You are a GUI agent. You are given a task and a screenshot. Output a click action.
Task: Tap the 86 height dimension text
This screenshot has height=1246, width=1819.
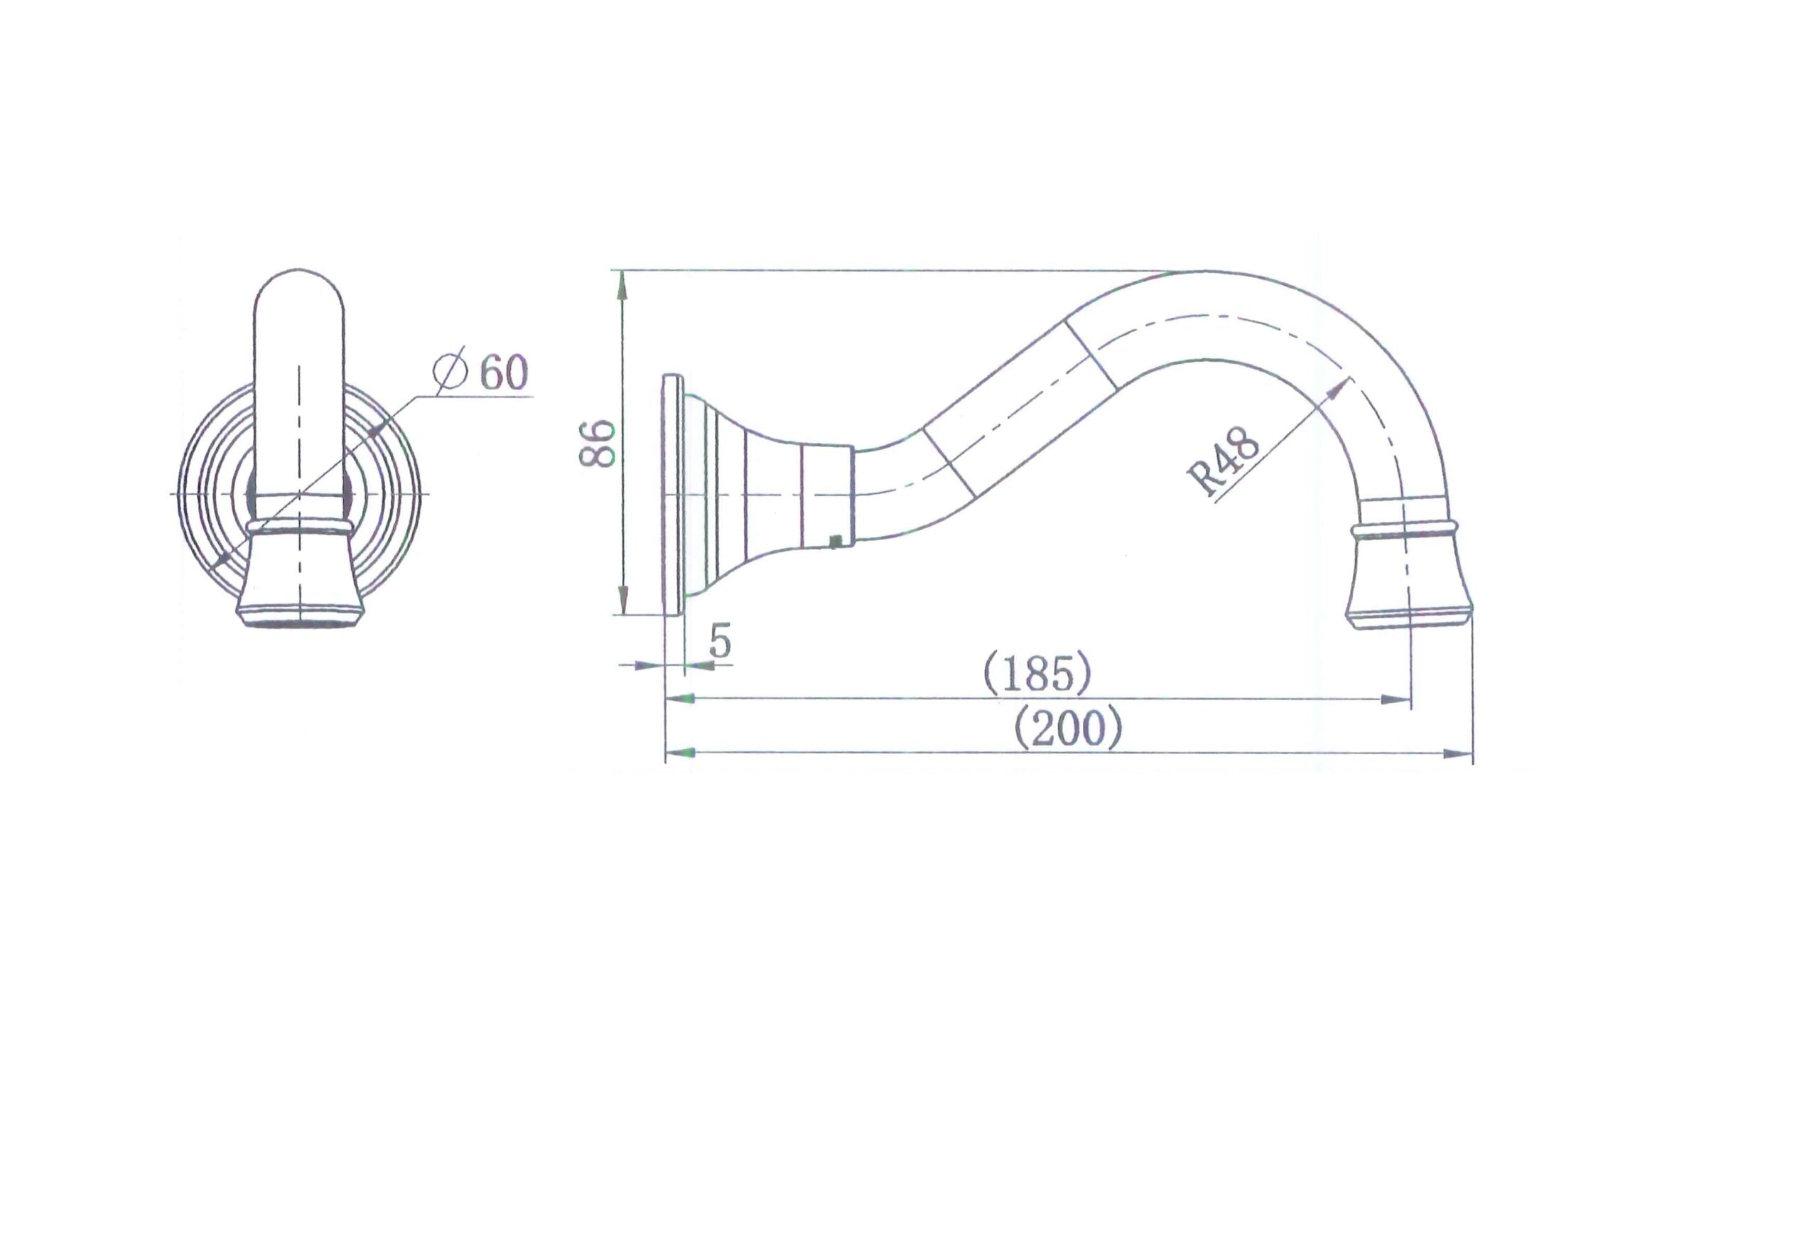597,444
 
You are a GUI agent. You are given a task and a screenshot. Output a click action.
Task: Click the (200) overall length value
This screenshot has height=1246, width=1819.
1068,729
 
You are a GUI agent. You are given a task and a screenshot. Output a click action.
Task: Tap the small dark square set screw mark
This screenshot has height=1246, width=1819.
836,540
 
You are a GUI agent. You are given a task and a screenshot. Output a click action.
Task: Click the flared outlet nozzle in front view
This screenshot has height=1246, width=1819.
300,579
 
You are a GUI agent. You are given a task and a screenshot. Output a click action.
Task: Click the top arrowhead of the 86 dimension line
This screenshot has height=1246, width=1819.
622,284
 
